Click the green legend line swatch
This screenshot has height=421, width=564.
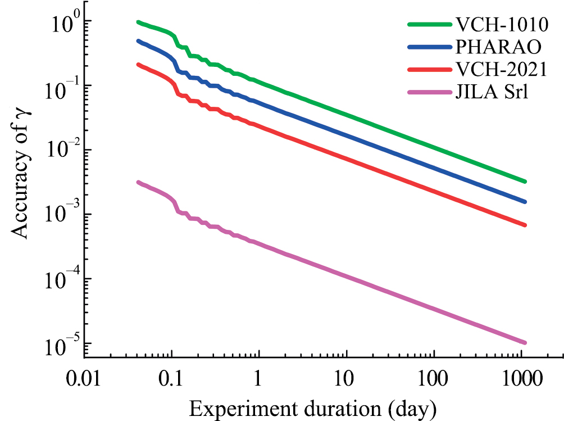(x=429, y=25)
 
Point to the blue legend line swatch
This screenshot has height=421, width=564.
(x=429, y=47)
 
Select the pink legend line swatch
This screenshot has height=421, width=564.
(x=429, y=90)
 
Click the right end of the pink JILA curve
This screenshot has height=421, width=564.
(x=525, y=342)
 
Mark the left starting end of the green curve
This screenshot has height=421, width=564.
(x=138, y=22)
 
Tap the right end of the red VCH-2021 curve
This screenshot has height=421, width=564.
(x=525, y=225)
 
